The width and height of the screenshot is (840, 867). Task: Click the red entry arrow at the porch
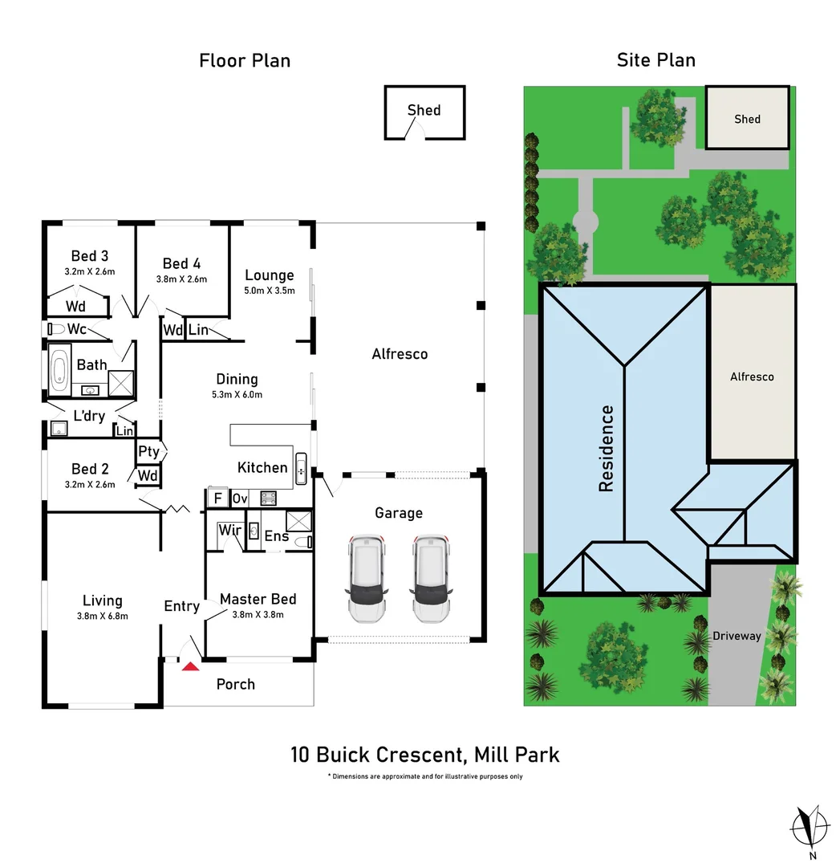click(190, 666)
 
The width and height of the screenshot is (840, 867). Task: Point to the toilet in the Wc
click(57, 329)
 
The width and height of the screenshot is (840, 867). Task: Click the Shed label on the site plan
click(747, 119)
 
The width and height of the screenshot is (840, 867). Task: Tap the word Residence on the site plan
click(607, 449)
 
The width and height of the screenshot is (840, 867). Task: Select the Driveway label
click(737, 636)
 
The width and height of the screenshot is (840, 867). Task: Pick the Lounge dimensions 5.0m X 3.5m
click(270, 291)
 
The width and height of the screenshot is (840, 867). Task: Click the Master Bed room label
click(258, 599)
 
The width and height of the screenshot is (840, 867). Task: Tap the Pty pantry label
click(148, 452)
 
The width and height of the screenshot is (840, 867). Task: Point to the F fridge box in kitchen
click(217, 499)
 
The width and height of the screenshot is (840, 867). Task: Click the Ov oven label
click(239, 499)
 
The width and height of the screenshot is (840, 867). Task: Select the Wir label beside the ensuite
click(229, 531)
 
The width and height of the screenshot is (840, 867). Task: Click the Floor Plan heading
click(245, 60)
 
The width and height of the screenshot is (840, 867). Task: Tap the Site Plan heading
click(656, 60)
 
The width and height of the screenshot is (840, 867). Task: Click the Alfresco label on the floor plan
click(400, 353)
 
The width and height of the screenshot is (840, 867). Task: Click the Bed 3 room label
click(90, 256)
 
